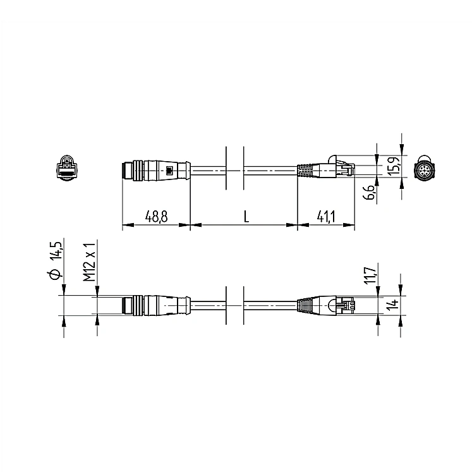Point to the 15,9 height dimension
(x=392, y=166)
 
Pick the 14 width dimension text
(x=392, y=305)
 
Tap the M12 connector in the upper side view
(x=152, y=169)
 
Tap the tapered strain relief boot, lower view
(x=308, y=305)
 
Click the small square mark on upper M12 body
(x=169, y=170)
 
